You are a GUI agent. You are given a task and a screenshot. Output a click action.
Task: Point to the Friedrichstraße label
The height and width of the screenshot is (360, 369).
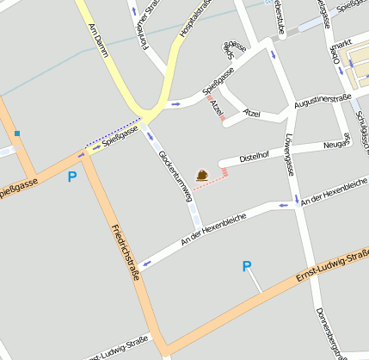point(126,244)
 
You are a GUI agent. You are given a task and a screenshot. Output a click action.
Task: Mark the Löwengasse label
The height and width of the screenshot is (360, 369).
point(289,154)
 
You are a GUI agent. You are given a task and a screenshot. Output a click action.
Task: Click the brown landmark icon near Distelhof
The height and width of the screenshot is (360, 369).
point(201,175)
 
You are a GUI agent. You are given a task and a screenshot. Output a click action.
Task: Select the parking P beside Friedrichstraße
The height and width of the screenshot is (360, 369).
point(71,177)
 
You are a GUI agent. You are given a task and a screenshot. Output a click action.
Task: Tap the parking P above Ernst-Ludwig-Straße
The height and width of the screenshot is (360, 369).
point(247,267)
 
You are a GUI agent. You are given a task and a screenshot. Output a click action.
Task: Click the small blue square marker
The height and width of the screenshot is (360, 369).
point(16,133)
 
